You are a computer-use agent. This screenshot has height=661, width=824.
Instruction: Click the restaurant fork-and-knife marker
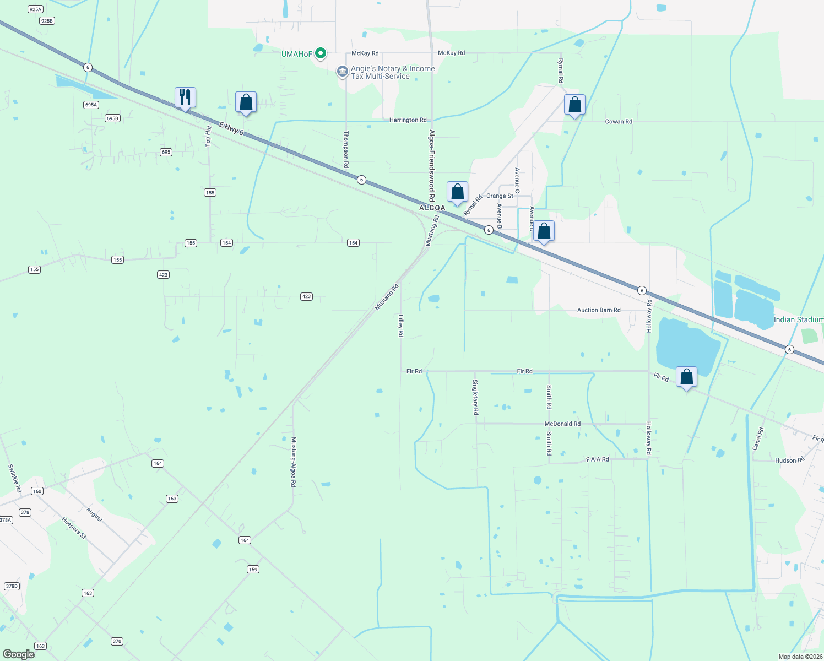(x=185, y=97)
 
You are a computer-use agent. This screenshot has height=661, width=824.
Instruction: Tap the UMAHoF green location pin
(x=321, y=53)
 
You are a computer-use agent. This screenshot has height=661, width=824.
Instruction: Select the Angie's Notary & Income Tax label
(x=393, y=72)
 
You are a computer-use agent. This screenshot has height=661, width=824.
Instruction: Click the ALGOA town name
(x=432, y=208)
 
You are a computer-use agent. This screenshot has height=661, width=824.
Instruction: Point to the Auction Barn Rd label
(x=599, y=310)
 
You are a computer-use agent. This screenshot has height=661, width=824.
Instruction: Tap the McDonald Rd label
(x=562, y=424)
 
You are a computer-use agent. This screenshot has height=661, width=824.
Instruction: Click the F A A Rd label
(x=597, y=459)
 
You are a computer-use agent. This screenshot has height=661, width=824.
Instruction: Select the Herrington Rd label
(x=408, y=120)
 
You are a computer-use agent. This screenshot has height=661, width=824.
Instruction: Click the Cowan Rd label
(x=619, y=121)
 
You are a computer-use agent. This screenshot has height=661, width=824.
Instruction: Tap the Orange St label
(x=500, y=196)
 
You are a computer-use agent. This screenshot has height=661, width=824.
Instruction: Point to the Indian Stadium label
(x=798, y=319)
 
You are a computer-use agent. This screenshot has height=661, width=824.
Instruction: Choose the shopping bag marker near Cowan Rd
(x=574, y=105)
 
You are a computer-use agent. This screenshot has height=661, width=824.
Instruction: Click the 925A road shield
(x=35, y=9)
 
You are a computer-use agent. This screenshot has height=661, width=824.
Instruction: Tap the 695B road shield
(x=112, y=118)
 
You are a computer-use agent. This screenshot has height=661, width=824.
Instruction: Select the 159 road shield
(x=253, y=569)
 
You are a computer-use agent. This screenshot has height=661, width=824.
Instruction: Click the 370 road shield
(x=117, y=641)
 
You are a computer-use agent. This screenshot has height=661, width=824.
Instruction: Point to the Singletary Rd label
(x=475, y=397)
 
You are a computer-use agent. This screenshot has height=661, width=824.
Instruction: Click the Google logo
(x=18, y=654)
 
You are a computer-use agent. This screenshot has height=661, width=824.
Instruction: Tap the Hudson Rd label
(x=789, y=460)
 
